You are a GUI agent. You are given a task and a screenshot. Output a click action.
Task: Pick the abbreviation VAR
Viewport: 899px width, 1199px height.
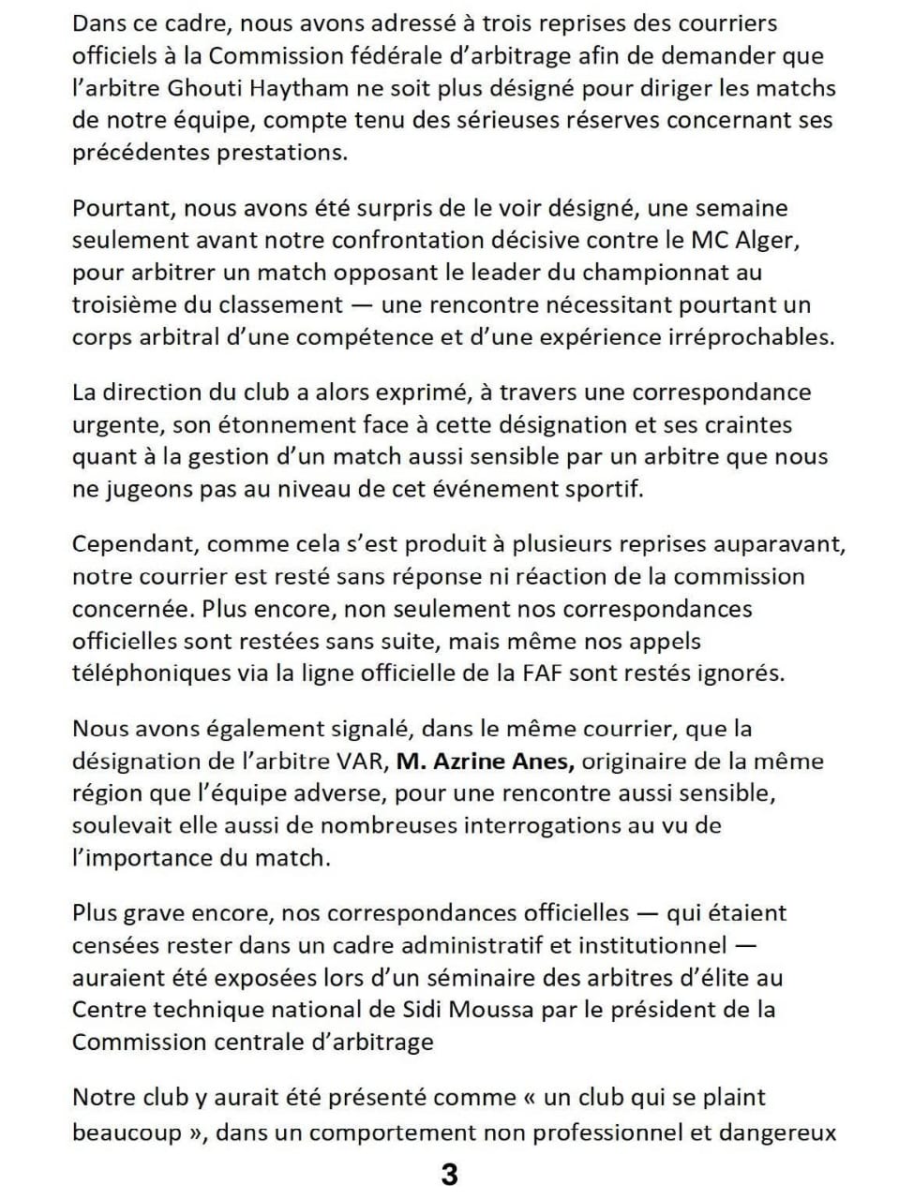coord(364,762)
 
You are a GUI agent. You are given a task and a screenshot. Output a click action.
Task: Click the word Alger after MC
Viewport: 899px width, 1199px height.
coord(765,240)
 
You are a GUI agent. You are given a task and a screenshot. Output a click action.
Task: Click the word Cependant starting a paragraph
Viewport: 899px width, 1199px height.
coord(134,545)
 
